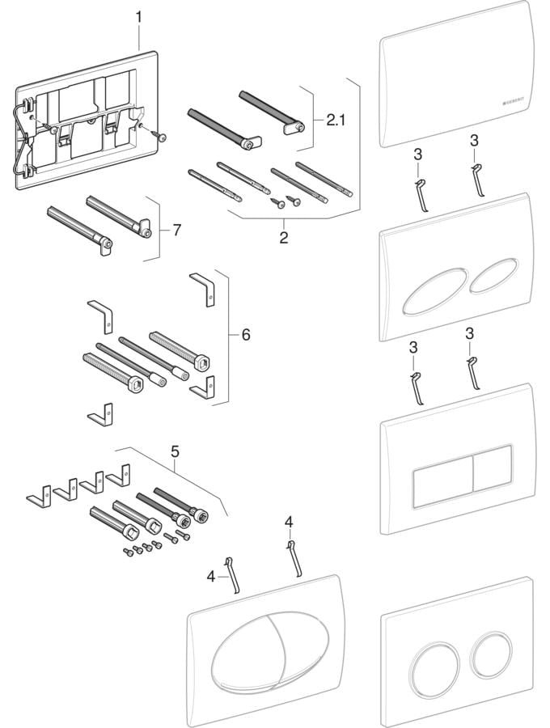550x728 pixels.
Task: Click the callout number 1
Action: tap(138, 16)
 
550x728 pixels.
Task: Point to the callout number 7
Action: tap(177, 230)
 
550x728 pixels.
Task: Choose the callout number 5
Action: tap(176, 454)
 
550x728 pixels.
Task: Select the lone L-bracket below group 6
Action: tap(101, 414)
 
